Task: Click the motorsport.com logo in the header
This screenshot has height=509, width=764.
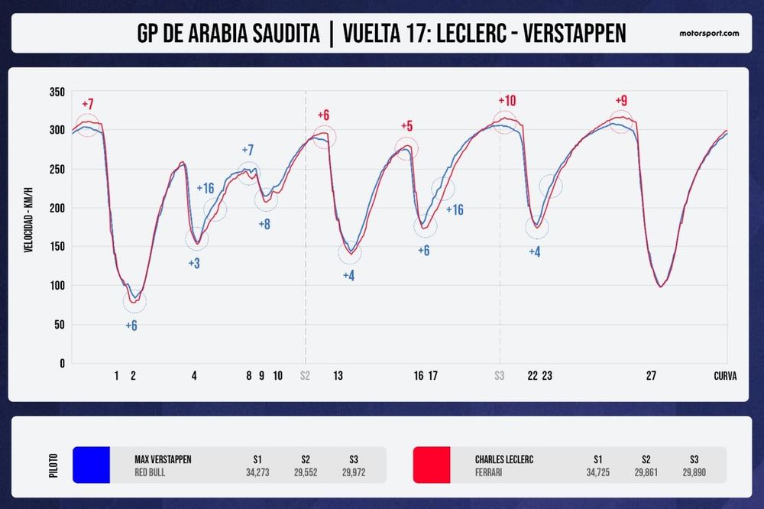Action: click(x=709, y=34)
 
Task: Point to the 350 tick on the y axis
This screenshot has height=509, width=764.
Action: click(x=57, y=91)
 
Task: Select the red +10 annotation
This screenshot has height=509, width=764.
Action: click(x=507, y=101)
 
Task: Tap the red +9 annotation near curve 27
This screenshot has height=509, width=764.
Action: click(x=622, y=101)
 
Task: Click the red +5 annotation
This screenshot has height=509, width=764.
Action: click(x=406, y=126)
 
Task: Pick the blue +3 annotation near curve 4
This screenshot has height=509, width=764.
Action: click(x=194, y=264)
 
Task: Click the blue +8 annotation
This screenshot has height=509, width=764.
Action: click(x=264, y=225)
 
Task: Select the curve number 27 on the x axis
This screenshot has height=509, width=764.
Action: click(x=651, y=375)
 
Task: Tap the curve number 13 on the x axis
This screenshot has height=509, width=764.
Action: click(x=338, y=375)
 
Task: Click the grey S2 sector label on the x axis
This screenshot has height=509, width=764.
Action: click(x=305, y=375)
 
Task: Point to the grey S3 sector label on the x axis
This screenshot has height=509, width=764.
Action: click(x=500, y=375)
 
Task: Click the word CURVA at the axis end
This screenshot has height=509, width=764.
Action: click(x=725, y=375)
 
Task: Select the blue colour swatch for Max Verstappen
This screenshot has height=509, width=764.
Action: click(x=92, y=465)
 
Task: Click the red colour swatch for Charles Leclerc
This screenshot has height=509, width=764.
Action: click(x=432, y=465)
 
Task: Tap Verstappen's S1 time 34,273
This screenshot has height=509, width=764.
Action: click(x=257, y=472)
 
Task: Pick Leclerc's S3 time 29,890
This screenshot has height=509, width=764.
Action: click(x=694, y=472)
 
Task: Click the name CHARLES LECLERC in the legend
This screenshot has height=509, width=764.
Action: click(x=503, y=459)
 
